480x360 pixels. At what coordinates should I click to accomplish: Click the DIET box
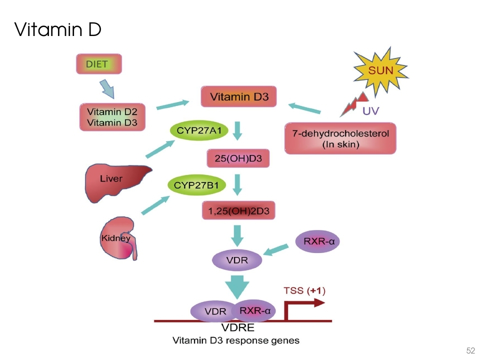pyautogui.click(x=99, y=64)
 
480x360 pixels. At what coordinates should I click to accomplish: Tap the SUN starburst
pyautogui.click(x=380, y=70)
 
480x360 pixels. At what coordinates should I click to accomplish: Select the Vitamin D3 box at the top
pyautogui.click(x=239, y=97)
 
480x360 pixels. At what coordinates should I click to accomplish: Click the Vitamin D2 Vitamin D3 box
pyautogui.click(x=112, y=117)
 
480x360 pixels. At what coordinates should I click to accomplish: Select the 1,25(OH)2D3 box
pyautogui.click(x=238, y=211)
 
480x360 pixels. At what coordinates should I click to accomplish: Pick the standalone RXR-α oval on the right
pyautogui.click(x=318, y=242)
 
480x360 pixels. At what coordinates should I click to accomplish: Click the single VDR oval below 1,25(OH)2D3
pyautogui.click(x=237, y=260)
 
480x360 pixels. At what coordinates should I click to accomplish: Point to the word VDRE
pyautogui.click(x=237, y=328)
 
